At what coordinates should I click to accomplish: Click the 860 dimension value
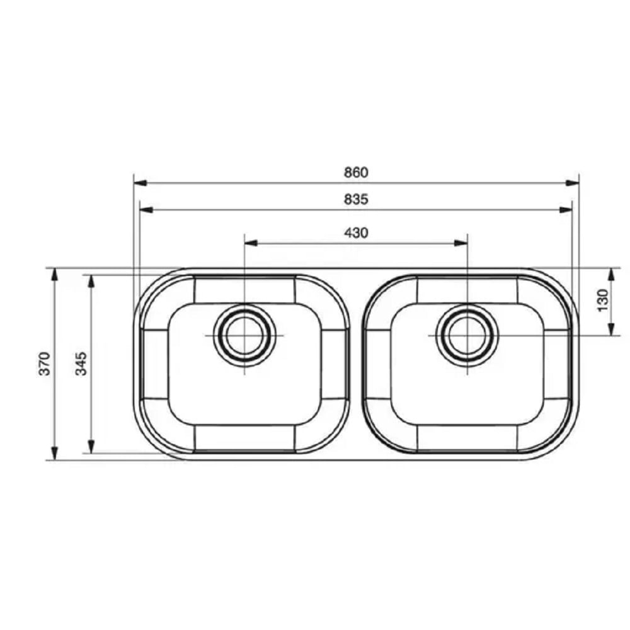tap(356, 173)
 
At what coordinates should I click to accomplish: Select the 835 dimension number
tap(356, 199)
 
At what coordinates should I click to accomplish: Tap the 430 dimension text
tap(356, 232)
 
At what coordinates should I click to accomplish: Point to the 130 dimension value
tap(603, 300)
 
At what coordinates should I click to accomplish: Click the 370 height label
tap(45, 364)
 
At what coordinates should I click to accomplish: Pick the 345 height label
tap(81, 364)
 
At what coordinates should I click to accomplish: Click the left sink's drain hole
tap(244, 336)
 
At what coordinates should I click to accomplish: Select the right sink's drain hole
tap(467, 336)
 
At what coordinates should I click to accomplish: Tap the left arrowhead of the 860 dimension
tap(140, 183)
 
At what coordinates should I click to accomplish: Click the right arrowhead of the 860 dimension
tap(572, 183)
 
